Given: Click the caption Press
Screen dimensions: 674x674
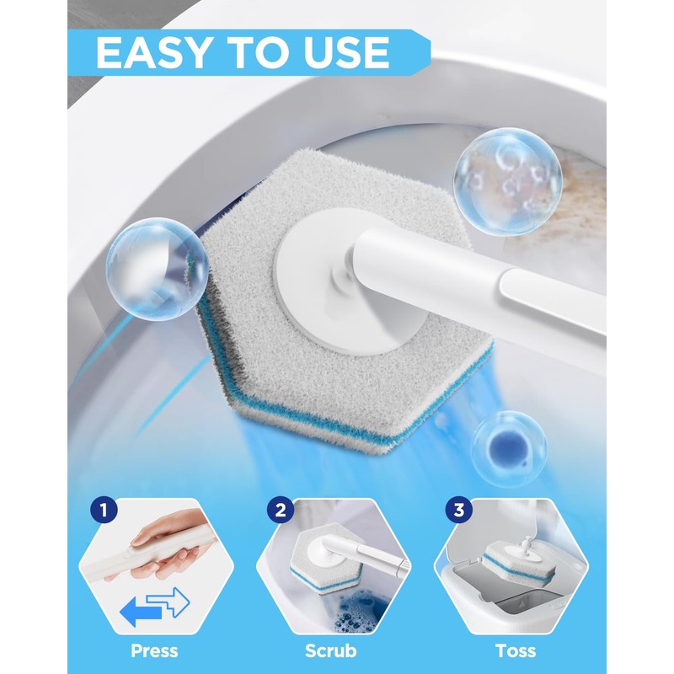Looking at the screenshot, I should (x=154, y=650).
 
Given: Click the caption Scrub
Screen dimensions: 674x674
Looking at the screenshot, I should (x=332, y=650).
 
